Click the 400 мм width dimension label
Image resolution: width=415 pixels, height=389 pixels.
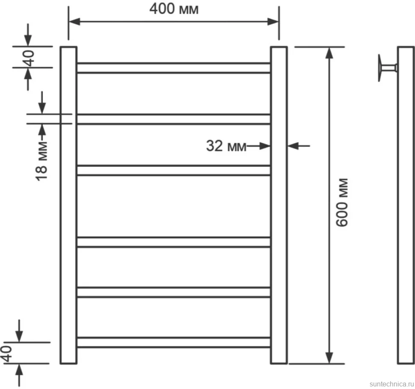174,9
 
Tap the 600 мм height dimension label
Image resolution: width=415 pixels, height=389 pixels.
342,202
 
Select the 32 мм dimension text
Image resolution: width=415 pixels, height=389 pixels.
226,146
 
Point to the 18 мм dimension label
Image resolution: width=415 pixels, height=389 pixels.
41,161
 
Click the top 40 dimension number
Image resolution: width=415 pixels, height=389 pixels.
30,58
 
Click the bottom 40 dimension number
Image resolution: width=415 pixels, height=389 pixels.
7,353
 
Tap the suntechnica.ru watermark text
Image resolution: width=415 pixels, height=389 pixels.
392,384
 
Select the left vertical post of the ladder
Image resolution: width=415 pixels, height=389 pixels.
68,205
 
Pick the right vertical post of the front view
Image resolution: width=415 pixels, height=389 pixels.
279,205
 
